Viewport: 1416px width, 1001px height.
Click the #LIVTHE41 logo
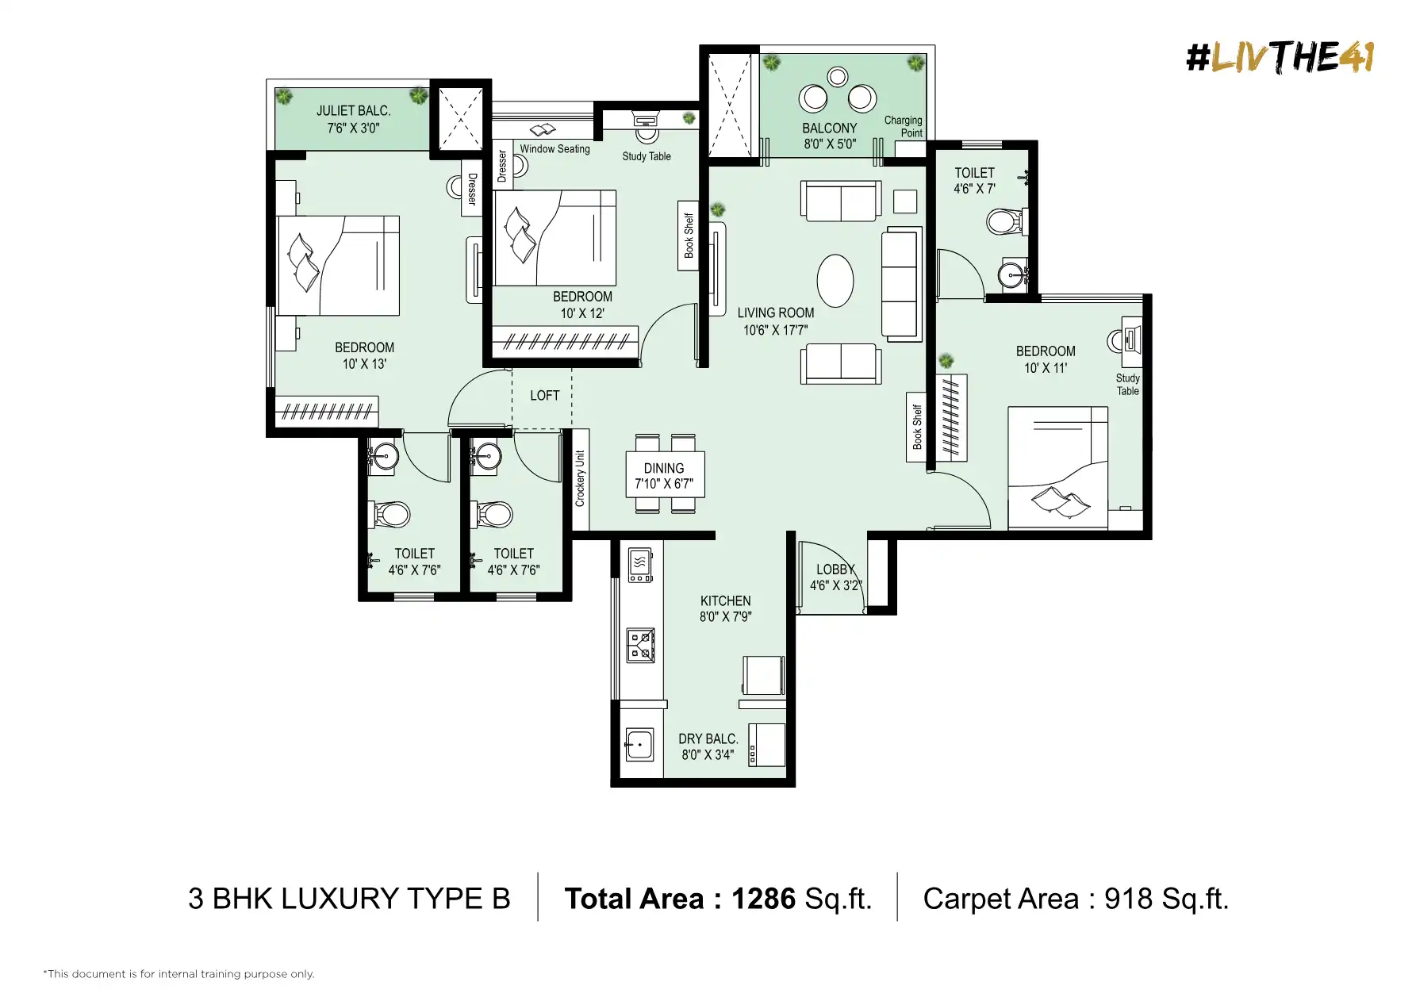pyautogui.click(x=1280, y=57)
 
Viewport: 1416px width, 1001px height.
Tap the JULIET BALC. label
pyautogui.click(x=354, y=111)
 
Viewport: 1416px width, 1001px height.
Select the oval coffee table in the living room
pyautogui.click(x=835, y=280)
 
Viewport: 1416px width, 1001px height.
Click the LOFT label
pyautogui.click(x=545, y=395)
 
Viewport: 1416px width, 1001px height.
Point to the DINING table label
pyautogui.click(x=664, y=468)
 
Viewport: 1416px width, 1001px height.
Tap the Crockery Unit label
pyautogui.click(x=580, y=479)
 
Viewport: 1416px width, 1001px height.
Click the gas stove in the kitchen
pyautogui.click(x=641, y=645)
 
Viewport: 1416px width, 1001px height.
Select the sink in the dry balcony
pyautogui.click(x=639, y=745)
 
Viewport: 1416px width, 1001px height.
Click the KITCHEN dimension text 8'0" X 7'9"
pyautogui.click(x=725, y=616)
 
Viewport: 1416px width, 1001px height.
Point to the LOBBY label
pyautogui.click(x=835, y=569)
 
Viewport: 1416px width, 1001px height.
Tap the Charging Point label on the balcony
pyautogui.click(x=904, y=126)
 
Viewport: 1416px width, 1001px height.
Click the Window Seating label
pyautogui.click(x=555, y=148)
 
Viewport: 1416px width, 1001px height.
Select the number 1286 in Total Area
pyautogui.click(x=763, y=899)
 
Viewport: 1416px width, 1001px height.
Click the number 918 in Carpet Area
pyautogui.click(x=1129, y=899)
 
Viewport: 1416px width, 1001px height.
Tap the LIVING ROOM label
pyautogui.click(x=776, y=313)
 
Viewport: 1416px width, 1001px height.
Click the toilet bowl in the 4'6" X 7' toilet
pyautogui.click(x=1004, y=221)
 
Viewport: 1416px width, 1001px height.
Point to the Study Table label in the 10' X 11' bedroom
pyautogui.click(x=1128, y=384)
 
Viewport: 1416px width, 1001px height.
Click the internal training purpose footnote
pyautogui.click(x=178, y=974)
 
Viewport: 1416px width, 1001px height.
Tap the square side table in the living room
pyautogui.click(x=905, y=201)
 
